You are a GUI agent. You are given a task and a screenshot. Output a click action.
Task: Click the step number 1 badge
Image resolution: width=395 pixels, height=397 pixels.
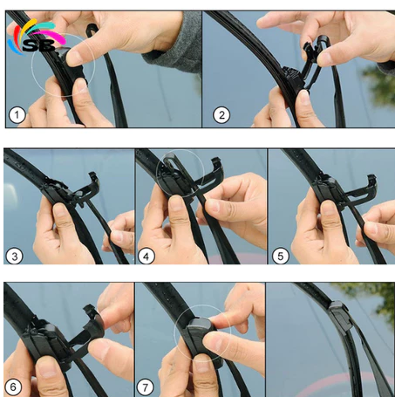point(17,115)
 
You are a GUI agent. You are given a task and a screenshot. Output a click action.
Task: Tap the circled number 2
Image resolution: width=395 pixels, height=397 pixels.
point(221,115)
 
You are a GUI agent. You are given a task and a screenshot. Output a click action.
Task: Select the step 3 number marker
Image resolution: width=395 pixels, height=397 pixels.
point(14,256)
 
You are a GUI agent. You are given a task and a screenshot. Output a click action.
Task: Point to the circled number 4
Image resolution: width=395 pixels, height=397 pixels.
point(146,256)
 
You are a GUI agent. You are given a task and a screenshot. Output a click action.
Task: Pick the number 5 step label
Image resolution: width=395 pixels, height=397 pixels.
point(280,256)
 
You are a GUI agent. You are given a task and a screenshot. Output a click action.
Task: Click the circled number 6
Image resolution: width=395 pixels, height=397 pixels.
point(13,387)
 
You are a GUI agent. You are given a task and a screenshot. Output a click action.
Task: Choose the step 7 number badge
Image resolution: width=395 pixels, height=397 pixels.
point(145,387)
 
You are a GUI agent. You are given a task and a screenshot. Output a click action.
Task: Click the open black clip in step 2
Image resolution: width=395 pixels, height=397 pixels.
point(314,58)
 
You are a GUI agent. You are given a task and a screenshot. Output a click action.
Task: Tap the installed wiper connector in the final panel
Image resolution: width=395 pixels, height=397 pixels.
point(339,316)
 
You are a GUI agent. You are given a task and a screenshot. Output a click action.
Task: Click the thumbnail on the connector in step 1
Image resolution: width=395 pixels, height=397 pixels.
point(74,57)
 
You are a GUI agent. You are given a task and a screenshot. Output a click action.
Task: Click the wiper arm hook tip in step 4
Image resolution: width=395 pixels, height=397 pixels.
point(168,159)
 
